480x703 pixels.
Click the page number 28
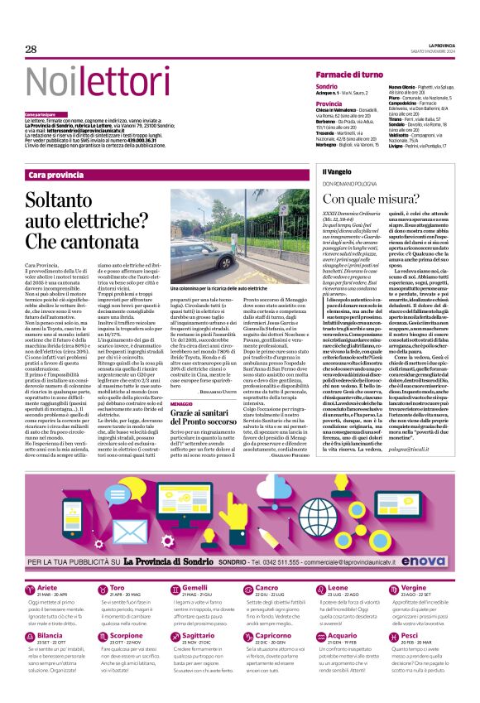[31, 50]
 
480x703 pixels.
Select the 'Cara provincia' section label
[56, 176]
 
